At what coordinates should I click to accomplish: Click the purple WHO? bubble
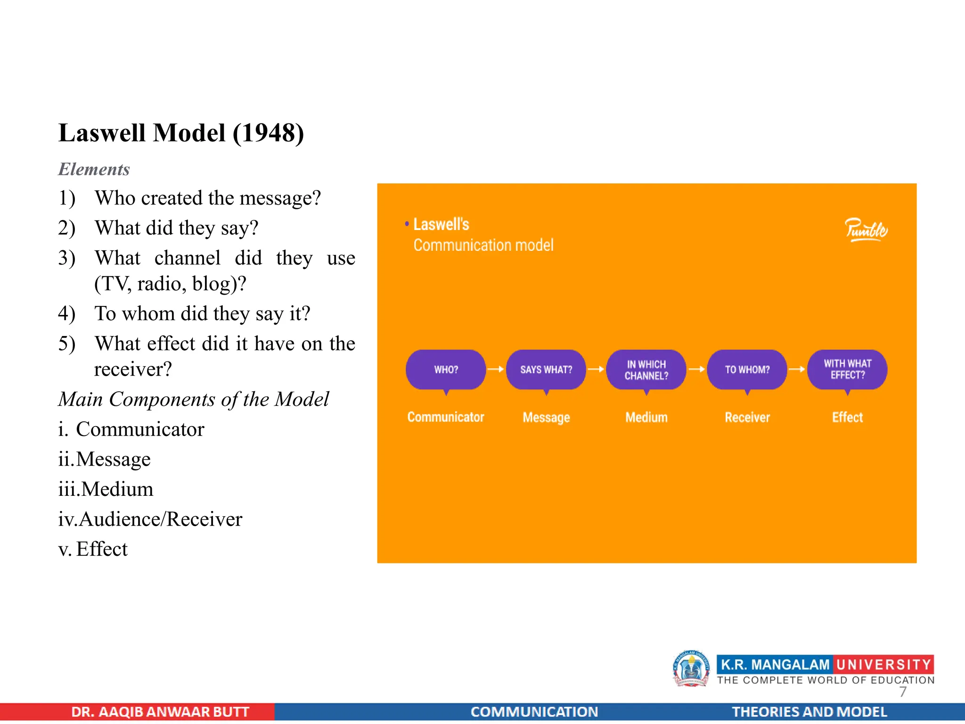coord(446,370)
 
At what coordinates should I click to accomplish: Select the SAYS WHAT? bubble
coord(546,370)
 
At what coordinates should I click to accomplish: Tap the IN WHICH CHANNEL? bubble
coord(646,370)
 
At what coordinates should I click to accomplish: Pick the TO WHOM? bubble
coord(747,370)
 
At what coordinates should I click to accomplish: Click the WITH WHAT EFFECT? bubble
coord(847,370)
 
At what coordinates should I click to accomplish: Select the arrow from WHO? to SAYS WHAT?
coord(496,370)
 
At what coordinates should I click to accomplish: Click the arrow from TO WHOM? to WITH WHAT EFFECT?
coord(797,370)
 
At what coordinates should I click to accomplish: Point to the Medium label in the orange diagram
coord(646,418)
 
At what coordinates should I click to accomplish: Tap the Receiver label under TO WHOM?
coord(747,418)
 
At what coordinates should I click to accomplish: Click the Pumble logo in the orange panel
coord(866,230)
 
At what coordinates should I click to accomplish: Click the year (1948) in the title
coord(269,133)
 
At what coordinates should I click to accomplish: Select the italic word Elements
coord(94,169)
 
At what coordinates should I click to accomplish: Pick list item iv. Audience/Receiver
coord(150,519)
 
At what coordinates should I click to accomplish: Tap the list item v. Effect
coord(93,549)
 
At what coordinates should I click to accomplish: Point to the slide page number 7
coord(902,692)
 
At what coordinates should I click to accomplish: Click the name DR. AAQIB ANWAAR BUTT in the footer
coord(160,712)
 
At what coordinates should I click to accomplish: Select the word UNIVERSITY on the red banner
coord(883,665)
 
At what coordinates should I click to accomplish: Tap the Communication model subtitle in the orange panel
coord(483,246)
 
